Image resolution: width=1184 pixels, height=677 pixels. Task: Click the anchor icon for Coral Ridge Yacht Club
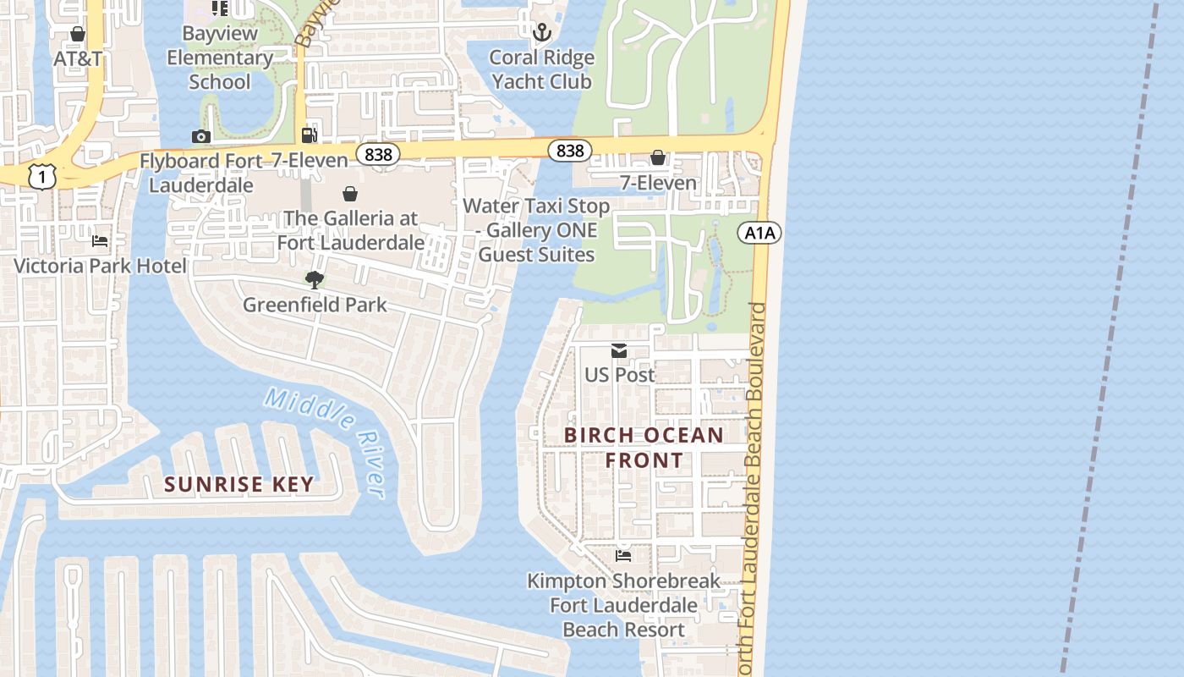[x=542, y=32]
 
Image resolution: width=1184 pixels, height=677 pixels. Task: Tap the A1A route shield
[x=759, y=233]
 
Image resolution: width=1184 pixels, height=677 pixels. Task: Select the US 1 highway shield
[x=41, y=176]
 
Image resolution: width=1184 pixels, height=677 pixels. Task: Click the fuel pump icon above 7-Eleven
[x=310, y=135]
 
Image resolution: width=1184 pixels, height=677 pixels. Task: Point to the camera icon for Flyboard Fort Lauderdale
[x=200, y=136]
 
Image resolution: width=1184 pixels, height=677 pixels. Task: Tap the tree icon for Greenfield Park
[x=315, y=279]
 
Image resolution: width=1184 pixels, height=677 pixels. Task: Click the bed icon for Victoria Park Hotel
[x=100, y=240]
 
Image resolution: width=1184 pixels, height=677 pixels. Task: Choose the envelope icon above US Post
[x=619, y=350]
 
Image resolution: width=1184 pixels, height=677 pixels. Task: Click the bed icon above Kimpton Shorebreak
[x=623, y=556]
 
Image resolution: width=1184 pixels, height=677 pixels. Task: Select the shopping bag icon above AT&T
[x=78, y=34]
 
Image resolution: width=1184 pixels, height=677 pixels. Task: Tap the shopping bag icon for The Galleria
[x=349, y=194]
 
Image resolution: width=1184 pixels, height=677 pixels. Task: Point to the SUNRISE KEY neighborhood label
[x=239, y=484]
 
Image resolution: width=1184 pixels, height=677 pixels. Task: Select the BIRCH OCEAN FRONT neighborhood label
[x=644, y=448]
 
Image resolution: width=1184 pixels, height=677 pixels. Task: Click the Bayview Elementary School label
[x=220, y=58]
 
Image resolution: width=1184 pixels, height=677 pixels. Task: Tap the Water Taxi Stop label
[x=536, y=230]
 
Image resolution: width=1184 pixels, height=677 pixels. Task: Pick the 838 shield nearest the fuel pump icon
[x=378, y=154]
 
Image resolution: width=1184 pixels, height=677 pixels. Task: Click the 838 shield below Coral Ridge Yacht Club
[x=570, y=151]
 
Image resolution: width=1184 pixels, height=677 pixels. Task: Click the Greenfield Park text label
[x=315, y=305]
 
